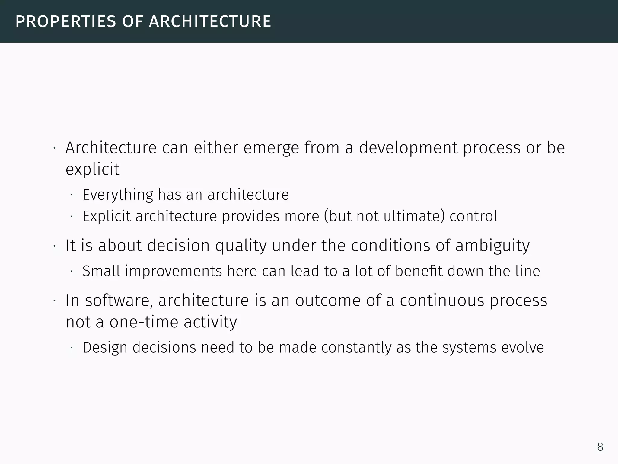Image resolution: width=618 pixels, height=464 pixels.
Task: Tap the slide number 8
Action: click(600, 447)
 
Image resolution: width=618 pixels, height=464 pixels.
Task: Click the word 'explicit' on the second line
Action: click(92, 169)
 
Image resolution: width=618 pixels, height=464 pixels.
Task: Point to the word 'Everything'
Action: click(118, 195)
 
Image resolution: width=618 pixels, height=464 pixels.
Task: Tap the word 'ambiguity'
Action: click(492, 246)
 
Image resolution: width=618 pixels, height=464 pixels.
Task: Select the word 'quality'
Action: click(241, 246)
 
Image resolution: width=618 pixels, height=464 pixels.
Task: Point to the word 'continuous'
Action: click(442, 301)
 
